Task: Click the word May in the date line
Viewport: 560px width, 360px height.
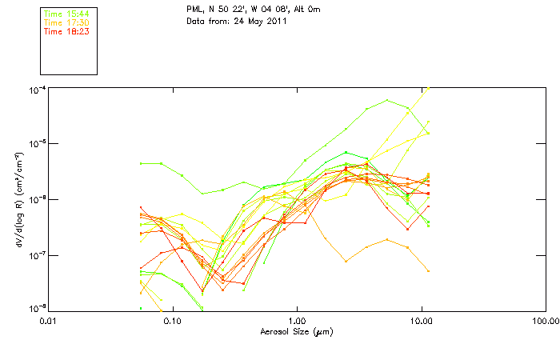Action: pyautogui.click(x=250, y=21)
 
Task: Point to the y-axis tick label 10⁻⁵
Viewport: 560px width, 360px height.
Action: pyautogui.click(x=37, y=143)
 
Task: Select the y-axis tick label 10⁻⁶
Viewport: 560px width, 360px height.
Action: pyautogui.click(x=37, y=199)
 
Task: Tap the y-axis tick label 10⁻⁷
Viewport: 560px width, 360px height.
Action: pyautogui.click(x=37, y=254)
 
